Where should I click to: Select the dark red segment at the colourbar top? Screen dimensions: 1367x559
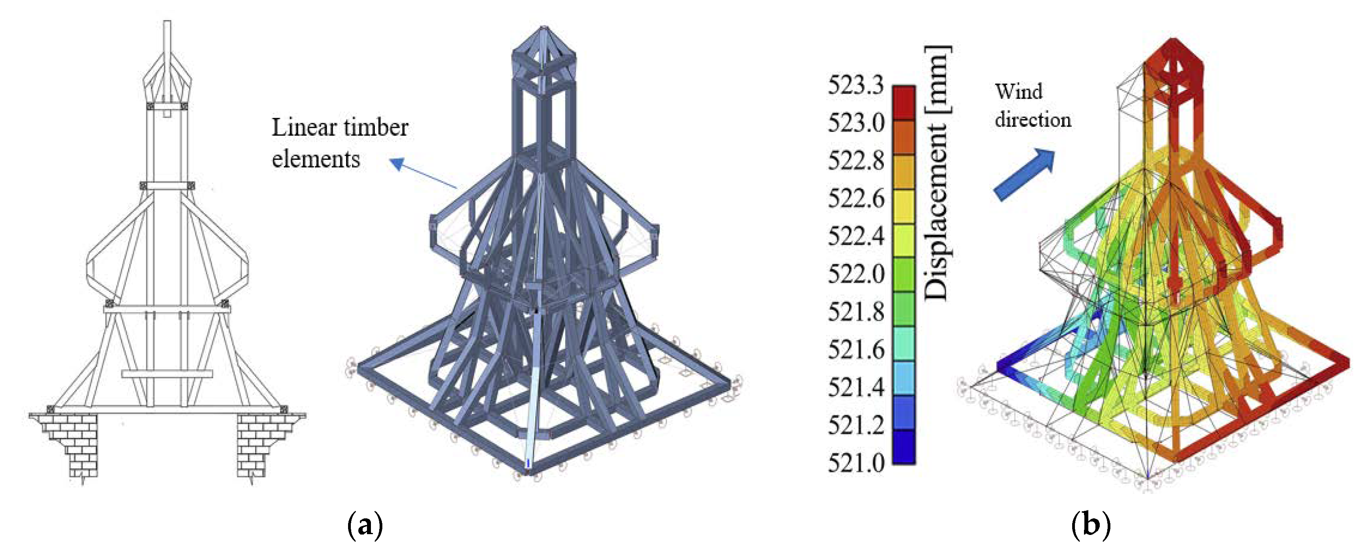point(904,103)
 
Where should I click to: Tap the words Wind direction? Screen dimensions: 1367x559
point(1033,106)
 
